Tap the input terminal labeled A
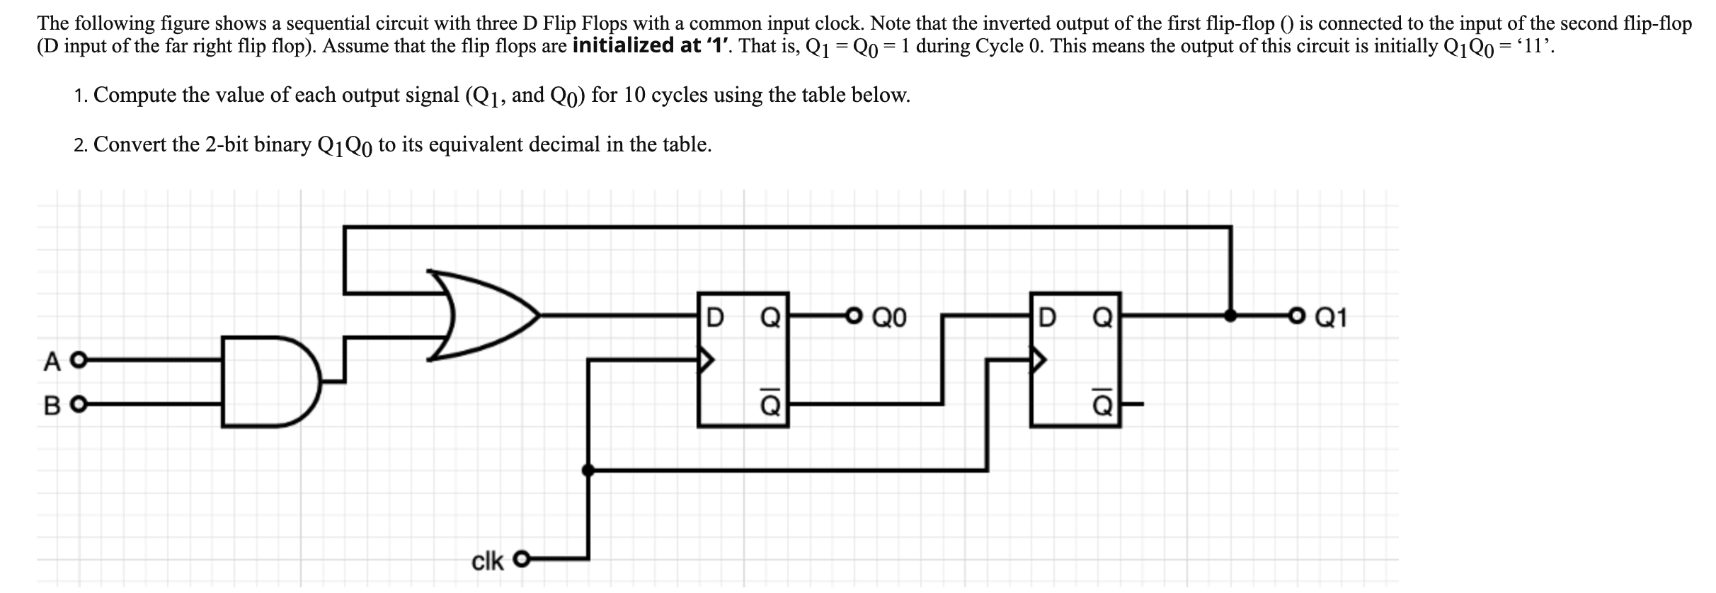80,362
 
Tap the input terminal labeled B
80,405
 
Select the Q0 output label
889,317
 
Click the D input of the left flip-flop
716,317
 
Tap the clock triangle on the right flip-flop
1038,361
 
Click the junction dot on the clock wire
588,469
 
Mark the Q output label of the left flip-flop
770,317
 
